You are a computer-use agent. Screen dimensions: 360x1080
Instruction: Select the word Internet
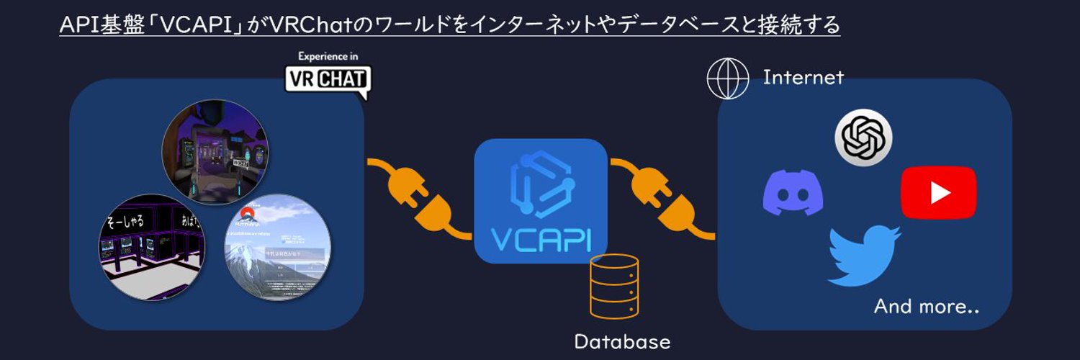pos(803,77)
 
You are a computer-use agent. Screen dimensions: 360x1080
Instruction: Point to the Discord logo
pos(793,192)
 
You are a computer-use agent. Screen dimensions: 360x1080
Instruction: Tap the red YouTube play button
pos(938,192)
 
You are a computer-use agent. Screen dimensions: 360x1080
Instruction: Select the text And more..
pos(926,307)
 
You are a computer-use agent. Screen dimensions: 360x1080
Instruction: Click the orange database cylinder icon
pos(613,286)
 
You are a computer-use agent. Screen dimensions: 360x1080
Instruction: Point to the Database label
pos(622,341)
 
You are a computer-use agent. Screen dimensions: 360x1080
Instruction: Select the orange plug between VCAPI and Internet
pos(663,199)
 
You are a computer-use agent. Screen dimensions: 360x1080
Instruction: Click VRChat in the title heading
pos(307,26)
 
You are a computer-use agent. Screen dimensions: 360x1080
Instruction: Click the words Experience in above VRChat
pos(328,56)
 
